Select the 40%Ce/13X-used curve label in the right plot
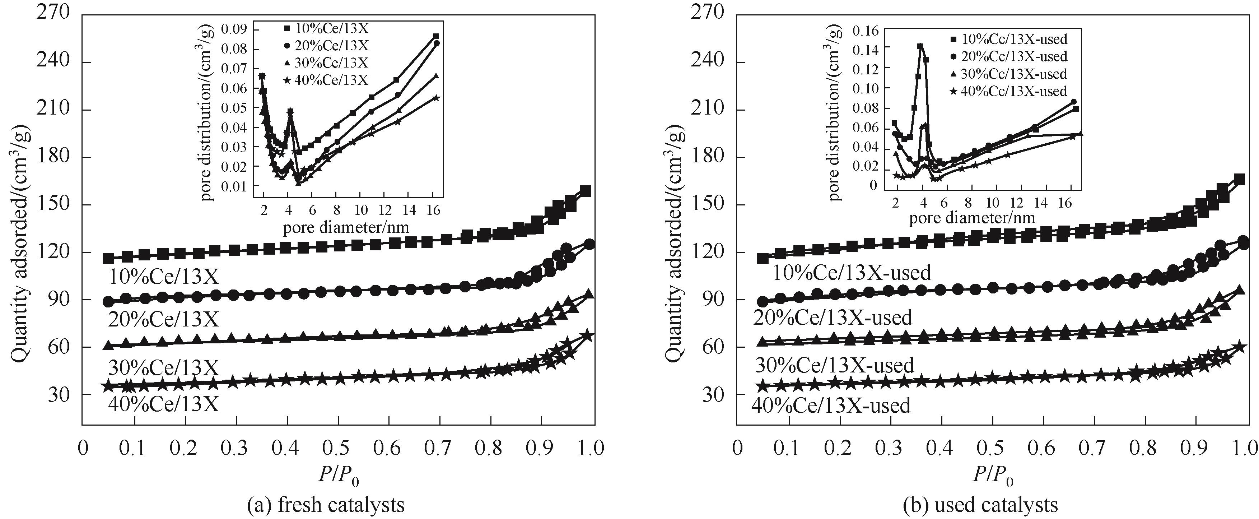[x=831, y=406]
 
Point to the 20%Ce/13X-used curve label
[x=832, y=318]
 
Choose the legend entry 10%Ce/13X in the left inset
[x=326, y=28]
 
